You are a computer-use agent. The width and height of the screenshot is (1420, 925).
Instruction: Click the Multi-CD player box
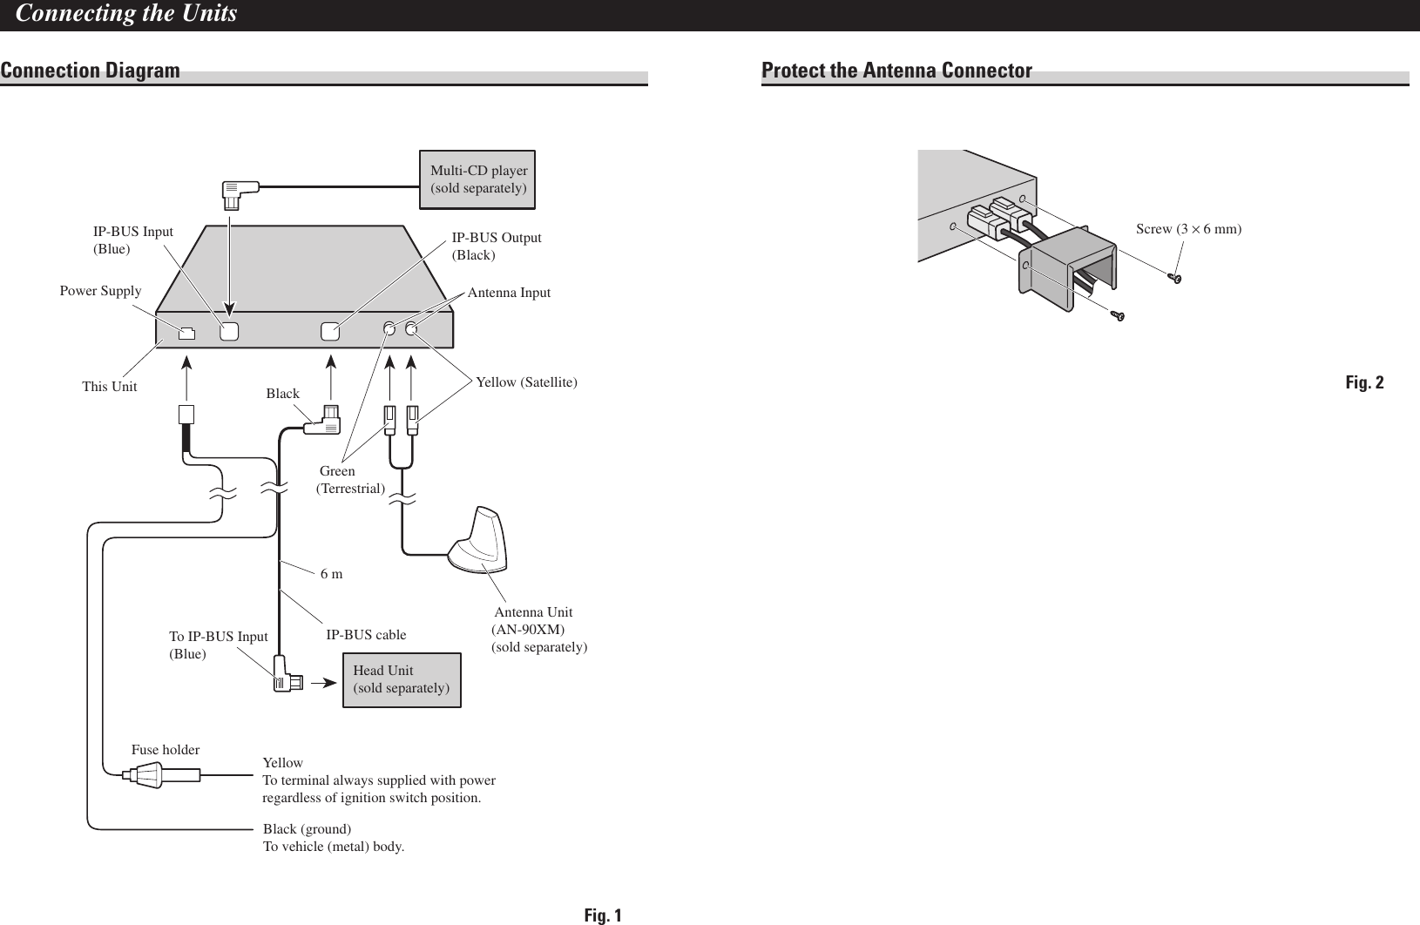point(477,179)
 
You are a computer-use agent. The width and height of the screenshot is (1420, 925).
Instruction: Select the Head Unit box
point(402,679)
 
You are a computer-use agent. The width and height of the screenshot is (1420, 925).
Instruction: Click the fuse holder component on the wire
point(146,774)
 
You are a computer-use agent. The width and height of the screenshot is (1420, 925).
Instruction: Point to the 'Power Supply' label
point(100,291)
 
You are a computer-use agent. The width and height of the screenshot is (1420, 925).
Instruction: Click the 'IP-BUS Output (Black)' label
point(496,246)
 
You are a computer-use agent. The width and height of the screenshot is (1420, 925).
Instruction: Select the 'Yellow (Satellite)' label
point(526,381)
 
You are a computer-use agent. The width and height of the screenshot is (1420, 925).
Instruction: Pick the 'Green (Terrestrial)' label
point(349,480)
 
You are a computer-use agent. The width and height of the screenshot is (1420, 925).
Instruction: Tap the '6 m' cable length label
point(332,574)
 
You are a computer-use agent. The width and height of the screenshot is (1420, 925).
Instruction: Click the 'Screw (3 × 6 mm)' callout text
point(1188,229)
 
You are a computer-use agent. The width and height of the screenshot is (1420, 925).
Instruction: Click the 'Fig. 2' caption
point(1364,382)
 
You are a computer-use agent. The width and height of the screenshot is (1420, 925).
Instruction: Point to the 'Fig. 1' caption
point(603,915)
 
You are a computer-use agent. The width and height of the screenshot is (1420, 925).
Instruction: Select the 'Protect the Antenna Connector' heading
point(896,70)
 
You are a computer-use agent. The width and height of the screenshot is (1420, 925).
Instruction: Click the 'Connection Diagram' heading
point(91,70)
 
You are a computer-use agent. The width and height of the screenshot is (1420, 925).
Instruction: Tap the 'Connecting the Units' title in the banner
point(126,14)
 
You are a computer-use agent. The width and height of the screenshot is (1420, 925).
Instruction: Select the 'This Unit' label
point(109,386)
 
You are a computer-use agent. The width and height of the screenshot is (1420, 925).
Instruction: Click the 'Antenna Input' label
point(509,293)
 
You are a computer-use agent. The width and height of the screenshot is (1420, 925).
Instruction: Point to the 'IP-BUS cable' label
point(366,634)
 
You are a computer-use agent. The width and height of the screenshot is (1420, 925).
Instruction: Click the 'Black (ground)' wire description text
point(307,828)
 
